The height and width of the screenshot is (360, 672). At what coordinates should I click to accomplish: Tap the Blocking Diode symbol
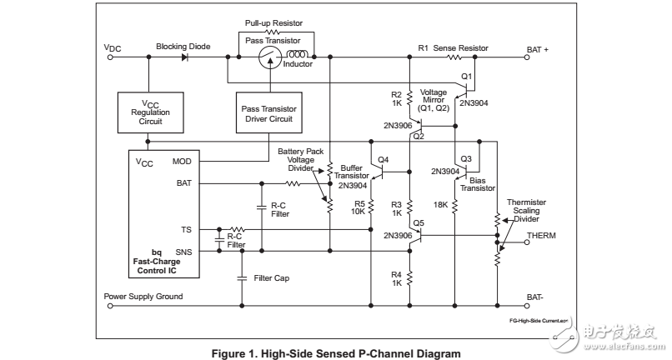tap(186, 57)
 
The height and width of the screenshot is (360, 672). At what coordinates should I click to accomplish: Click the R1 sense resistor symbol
tap(454, 57)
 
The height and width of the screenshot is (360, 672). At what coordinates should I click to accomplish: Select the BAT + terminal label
tap(538, 48)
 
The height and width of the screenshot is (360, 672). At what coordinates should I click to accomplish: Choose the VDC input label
tap(113, 48)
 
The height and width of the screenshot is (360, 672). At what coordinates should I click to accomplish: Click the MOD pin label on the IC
tap(182, 161)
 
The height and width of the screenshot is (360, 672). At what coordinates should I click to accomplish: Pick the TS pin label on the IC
tap(186, 227)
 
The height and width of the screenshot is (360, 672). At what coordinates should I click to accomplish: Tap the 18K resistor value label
tap(441, 203)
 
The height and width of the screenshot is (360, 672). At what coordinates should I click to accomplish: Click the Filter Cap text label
tap(270, 277)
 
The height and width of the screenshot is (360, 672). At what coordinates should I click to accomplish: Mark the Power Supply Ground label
tap(143, 296)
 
